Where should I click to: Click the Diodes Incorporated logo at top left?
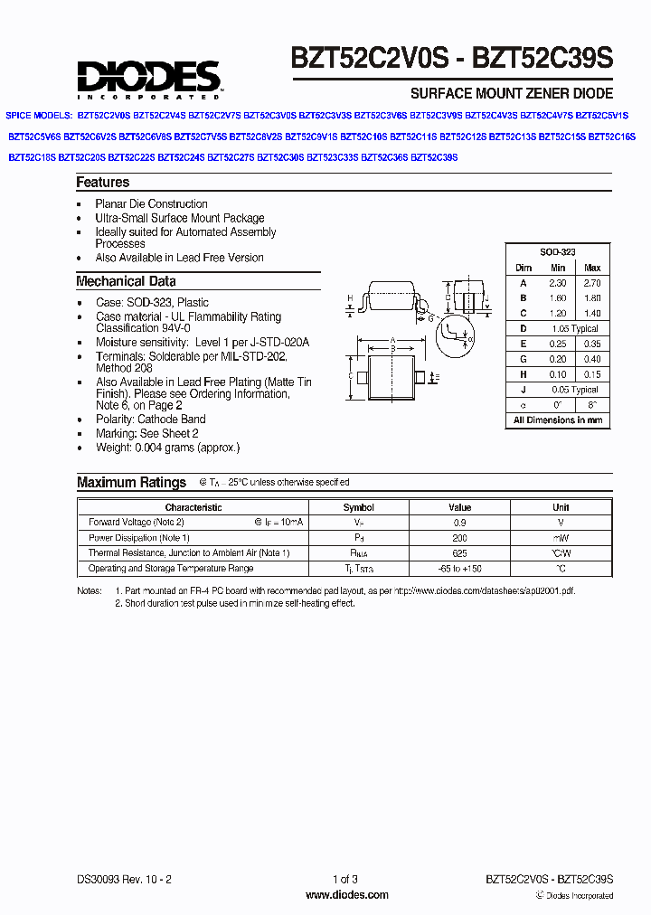[x=148, y=79]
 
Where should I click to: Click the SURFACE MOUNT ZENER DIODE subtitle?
[x=512, y=93]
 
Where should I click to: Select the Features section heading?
[x=103, y=183]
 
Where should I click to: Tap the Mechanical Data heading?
[x=126, y=281]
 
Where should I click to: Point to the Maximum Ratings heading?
[x=131, y=483]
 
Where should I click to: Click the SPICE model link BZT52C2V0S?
[x=104, y=116]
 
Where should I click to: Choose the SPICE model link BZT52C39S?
[x=434, y=157]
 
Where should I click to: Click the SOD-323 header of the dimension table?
[x=558, y=252]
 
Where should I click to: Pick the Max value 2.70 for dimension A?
[x=592, y=283]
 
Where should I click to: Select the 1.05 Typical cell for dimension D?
[x=575, y=329]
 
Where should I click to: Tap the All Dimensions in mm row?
[x=558, y=420]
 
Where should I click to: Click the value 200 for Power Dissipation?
[x=460, y=538]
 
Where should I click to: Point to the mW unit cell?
[x=561, y=538]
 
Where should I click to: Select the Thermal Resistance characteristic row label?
[x=189, y=553]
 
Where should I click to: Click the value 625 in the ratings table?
[x=460, y=553]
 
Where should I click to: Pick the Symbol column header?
[x=359, y=507]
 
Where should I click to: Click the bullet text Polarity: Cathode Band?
[x=150, y=420]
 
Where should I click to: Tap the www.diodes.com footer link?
[x=346, y=895]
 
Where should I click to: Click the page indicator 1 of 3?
[x=346, y=879]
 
